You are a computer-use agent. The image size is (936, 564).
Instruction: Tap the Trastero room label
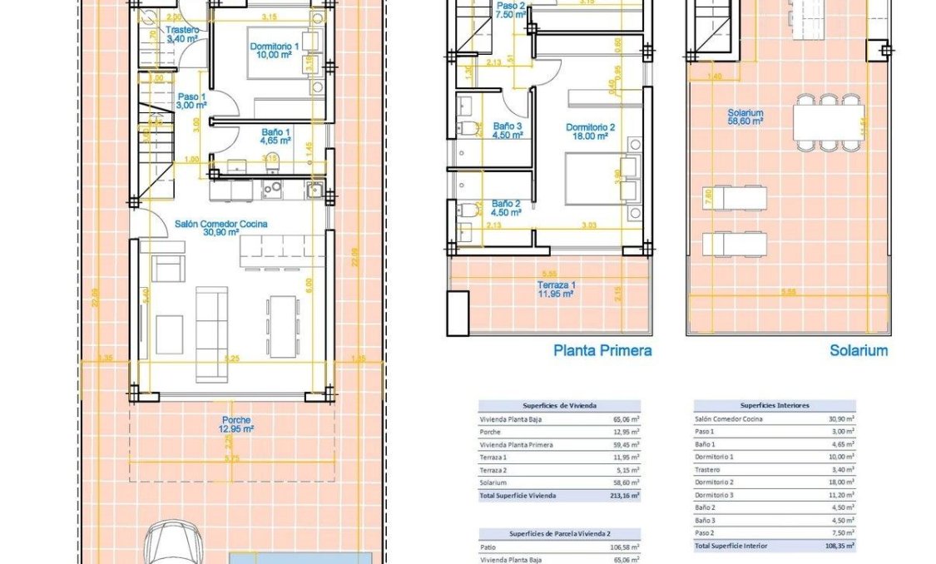tap(182, 34)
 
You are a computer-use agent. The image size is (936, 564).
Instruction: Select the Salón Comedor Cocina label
tap(220, 229)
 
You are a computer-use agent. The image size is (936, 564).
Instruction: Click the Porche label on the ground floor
tap(236, 424)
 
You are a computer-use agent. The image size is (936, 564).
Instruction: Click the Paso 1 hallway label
tap(192, 101)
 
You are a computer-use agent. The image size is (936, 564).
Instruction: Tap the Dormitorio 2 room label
tap(590, 131)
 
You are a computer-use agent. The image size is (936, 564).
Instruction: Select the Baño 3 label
tap(507, 131)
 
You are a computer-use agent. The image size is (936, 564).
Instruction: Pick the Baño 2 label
tap(506, 207)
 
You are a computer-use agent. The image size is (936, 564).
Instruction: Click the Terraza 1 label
tap(556, 289)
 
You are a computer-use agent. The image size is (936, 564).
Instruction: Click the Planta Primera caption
tap(602, 350)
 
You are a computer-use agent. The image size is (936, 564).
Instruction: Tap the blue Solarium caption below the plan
tap(858, 350)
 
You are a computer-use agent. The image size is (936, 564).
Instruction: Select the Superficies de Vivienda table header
tap(559, 405)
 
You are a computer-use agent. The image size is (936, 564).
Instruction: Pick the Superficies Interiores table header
tap(774, 405)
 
